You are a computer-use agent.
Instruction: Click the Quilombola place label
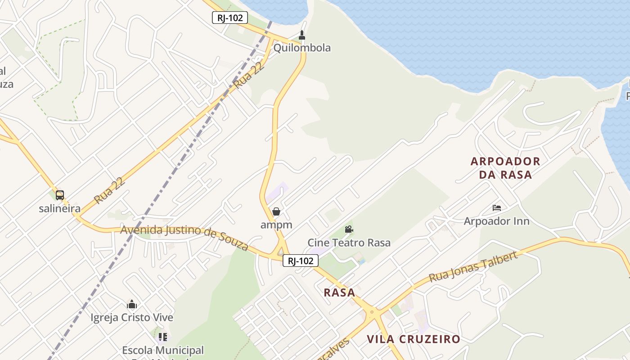click(302, 48)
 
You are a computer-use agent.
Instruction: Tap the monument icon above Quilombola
click(302, 35)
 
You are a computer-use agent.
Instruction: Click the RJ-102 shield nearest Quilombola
click(230, 18)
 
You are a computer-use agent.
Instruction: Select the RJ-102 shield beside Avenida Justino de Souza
click(301, 261)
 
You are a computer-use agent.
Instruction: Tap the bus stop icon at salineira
click(60, 195)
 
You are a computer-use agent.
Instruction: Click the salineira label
click(59, 209)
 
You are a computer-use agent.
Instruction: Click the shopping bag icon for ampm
click(276, 211)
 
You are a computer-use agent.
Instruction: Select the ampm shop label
click(276, 225)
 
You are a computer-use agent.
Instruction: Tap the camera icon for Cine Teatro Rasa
click(349, 229)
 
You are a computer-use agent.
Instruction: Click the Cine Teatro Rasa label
click(349, 243)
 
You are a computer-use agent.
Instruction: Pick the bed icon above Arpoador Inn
click(497, 208)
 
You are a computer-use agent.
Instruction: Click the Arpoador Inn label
click(496, 221)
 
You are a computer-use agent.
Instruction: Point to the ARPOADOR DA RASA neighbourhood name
click(505, 168)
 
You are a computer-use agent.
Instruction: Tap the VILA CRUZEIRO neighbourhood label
click(413, 339)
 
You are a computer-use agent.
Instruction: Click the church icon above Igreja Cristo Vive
click(132, 304)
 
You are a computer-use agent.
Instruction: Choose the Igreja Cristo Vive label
click(132, 318)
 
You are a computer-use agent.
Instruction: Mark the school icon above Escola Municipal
click(163, 337)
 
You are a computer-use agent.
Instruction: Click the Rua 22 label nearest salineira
click(109, 190)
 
